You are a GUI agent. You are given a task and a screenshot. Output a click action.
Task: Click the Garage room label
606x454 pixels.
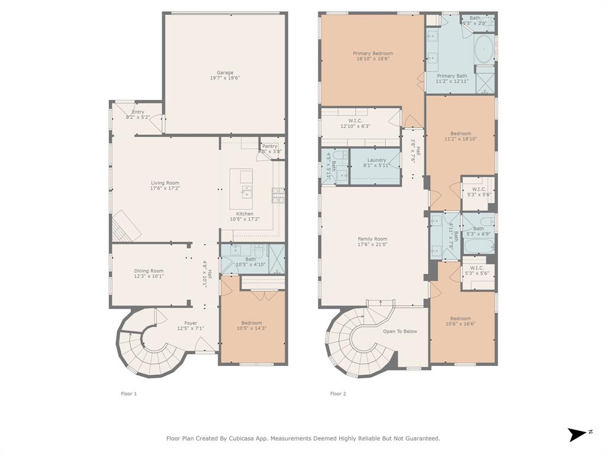click(225, 73)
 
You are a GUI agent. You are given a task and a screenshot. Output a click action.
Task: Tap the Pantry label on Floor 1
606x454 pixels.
click(270, 146)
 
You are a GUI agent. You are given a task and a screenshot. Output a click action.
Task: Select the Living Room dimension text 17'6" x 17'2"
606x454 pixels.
click(165, 189)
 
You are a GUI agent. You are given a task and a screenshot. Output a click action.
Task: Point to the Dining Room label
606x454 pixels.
click(149, 271)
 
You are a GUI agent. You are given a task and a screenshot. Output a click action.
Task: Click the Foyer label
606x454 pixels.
click(191, 323)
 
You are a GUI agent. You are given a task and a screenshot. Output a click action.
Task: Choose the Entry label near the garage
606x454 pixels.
click(138, 112)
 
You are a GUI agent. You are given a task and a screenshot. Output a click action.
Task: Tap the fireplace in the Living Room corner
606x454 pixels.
click(126, 226)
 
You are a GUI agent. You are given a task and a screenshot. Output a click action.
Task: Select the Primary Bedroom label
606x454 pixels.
click(373, 53)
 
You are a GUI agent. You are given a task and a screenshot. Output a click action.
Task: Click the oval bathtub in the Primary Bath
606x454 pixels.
click(484, 49)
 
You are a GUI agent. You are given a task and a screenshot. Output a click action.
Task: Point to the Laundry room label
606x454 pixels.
click(376, 160)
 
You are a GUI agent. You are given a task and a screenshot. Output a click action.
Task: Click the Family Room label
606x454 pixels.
click(372, 239)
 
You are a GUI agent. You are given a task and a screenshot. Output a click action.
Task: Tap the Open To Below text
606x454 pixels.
click(400, 331)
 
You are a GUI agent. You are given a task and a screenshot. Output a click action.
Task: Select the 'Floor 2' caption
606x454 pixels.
click(338, 394)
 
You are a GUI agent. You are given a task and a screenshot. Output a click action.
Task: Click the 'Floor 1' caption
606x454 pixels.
click(129, 394)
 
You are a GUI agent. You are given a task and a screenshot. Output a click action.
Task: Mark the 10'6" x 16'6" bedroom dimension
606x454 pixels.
click(460, 324)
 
